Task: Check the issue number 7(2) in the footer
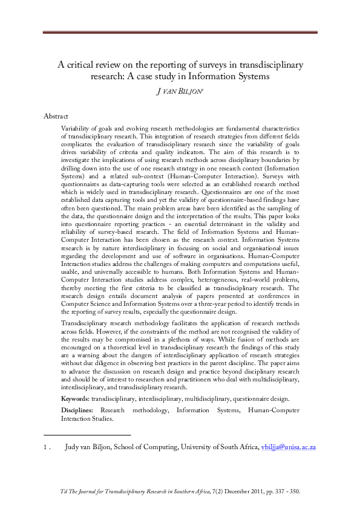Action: [x=215, y=492]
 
